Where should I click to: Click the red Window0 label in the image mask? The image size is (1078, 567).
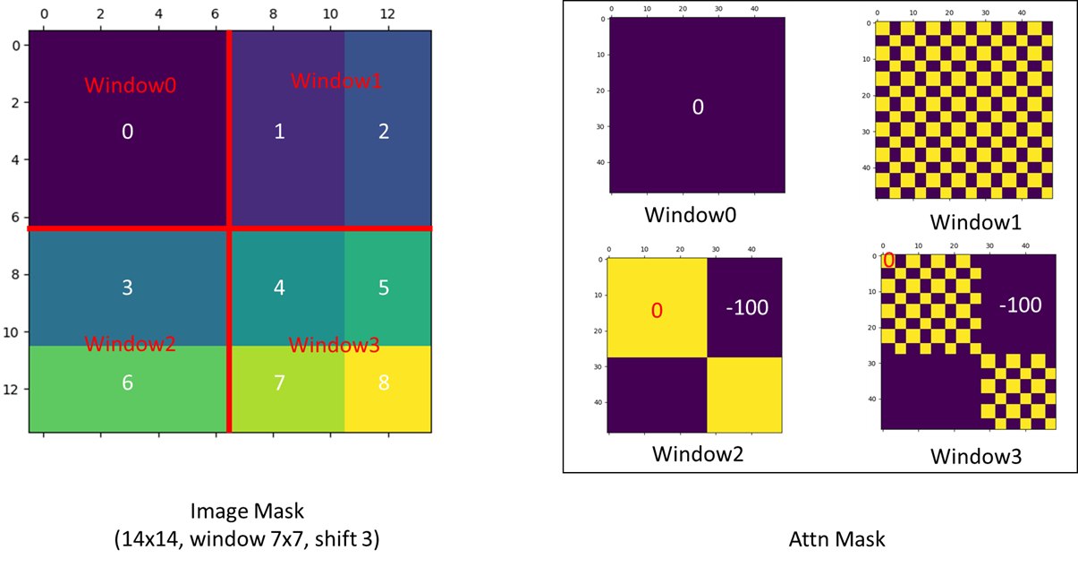(x=131, y=85)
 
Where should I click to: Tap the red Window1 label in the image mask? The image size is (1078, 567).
(x=336, y=81)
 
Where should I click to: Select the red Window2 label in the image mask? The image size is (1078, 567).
(x=131, y=344)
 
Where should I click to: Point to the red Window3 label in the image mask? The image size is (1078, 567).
(x=335, y=345)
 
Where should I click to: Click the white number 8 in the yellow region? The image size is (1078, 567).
(x=384, y=383)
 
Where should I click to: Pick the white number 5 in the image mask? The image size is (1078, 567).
(x=384, y=288)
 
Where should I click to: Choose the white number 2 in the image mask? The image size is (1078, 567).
(x=384, y=132)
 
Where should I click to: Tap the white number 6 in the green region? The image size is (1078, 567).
(x=127, y=383)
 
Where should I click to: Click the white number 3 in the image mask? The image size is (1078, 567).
(x=127, y=288)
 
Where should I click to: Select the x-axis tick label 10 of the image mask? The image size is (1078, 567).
(x=330, y=14)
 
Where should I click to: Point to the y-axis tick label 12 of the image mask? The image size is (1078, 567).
(x=11, y=390)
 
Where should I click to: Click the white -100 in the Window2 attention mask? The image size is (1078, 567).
(x=747, y=308)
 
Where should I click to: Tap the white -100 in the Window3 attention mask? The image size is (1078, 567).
(x=1020, y=305)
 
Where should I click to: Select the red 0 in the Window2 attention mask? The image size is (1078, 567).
(x=657, y=311)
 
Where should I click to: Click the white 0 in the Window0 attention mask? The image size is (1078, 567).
(x=698, y=107)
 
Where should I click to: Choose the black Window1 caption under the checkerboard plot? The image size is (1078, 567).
(x=975, y=222)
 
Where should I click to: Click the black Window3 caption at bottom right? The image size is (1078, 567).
(x=976, y=456)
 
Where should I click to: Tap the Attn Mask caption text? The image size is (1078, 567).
(x=836, y=539)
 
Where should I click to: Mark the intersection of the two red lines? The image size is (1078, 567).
(x=229, y=228)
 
